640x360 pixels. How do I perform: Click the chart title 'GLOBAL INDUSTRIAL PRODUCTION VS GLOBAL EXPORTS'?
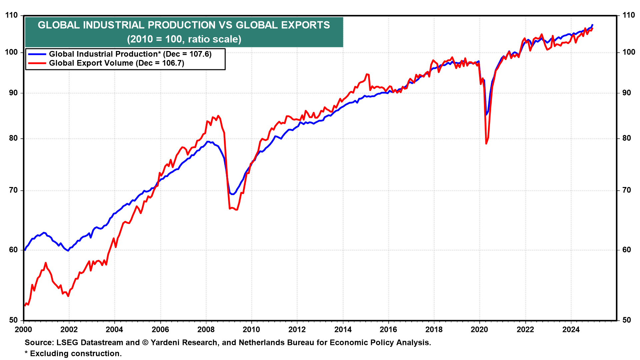pyautogui.click(x=184, y=25)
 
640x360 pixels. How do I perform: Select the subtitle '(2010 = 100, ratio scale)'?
pyautogui.click(x=184, y=39)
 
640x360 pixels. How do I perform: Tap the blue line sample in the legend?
pyautogui.click(x=37, y=54)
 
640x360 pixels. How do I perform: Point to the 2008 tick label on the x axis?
pyautogui.click(x=206, y=330)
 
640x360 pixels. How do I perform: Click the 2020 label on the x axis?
pyautogui.click(x=479, y=330)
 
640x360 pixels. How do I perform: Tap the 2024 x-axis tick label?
pyautogui.click(x=571, y=330)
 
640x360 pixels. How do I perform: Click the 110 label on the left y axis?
pyautogui.click(x=11, y=15)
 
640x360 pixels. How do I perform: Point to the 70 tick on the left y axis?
pyautogui.click(x=13, y=190)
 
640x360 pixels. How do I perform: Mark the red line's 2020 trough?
pyautogui.click(x=486, y=144)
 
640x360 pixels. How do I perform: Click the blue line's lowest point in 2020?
pyautogui.click(x=486, y=115)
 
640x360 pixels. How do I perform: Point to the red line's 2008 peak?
pyautogui.click(x=218, y=116)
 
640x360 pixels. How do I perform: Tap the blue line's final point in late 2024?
pyautogui.click(x=592, y=25)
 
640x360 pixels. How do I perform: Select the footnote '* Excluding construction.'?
pyautogui.click(x=73, y=353)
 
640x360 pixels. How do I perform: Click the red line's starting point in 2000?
pyautogui.click(x=25, y=305)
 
